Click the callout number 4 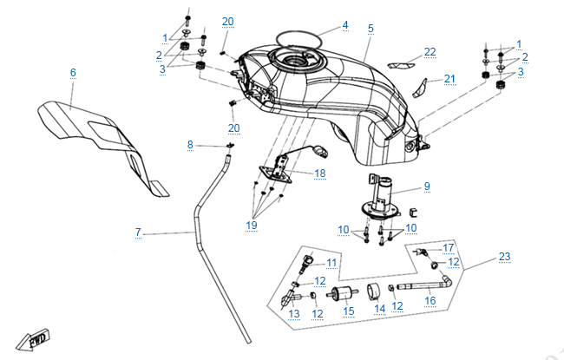tap(344, 25)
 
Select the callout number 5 tap(371, 29)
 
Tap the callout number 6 tap(73, 72)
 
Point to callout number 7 tap(137, 232)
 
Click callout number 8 tap(191, 144)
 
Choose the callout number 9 tap(427, 186)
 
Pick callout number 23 tap(504, 256)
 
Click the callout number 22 tap(430, 51)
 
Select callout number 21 tap(449, 79)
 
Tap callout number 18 tap(320, 173)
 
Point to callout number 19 tap(252, 226)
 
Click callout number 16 tap(430, 301)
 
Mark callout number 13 tap(293, 313)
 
